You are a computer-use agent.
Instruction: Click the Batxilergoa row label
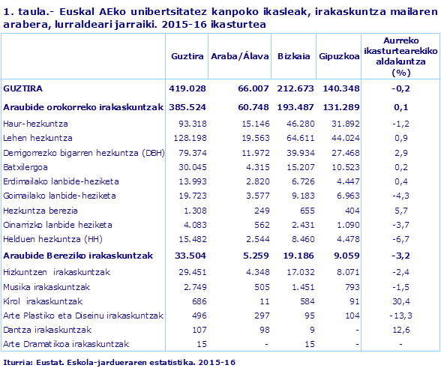click(28, 167)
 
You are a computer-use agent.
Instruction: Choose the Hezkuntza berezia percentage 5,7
click(402, 211)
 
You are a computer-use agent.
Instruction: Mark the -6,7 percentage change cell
click(402, 239)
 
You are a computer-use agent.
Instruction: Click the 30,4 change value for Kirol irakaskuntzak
click(403, 301)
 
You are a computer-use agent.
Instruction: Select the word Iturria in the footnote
click(16, 362)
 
